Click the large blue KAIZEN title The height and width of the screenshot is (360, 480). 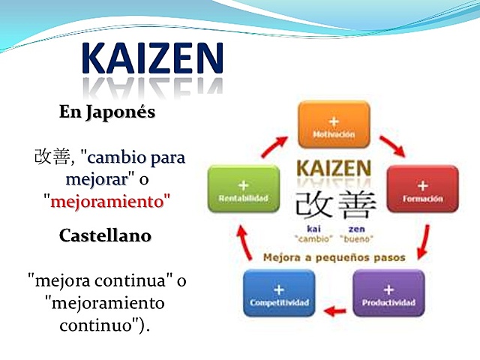(x=152, y=58)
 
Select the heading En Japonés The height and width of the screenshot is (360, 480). (x=107, y=112)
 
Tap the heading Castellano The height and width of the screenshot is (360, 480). (x=105, y=235)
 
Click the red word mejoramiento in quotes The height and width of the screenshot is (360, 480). (x=106, y=201)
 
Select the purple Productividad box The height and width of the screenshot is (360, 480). (x=388, y=293)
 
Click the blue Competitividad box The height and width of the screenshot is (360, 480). (x=279, y=293)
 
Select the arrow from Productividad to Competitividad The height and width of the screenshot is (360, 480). (x=335, y=308)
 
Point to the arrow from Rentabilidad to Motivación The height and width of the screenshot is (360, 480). (x=275, y=145)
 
